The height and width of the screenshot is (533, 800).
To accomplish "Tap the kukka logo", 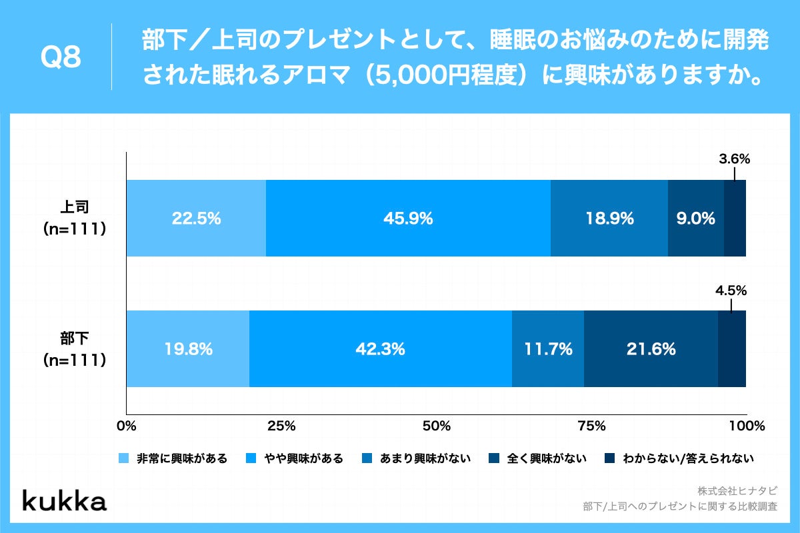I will (65, 501).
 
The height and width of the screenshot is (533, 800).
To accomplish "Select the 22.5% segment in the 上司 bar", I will (196, 218).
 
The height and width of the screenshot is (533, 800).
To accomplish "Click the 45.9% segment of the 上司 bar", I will (408, 218).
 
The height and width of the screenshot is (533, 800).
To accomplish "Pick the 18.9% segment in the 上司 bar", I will (609, 218).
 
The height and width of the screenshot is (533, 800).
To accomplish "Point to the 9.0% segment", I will (696, 218).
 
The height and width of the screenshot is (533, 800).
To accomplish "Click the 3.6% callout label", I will (735, 159).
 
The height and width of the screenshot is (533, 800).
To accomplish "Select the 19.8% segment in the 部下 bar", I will (188, 348).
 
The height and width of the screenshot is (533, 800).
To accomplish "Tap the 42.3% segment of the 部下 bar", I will (381, 348).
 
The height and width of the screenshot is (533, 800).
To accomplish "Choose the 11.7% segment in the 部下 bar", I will (548, 348).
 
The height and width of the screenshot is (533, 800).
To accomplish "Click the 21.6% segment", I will (651, 348).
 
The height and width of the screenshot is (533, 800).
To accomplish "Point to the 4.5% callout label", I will (731, 290).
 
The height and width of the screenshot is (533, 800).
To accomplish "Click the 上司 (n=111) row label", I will (74, 218).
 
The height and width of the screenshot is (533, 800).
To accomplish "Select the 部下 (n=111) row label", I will (74, 348).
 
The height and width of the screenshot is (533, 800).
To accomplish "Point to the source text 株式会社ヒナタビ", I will (737, 490).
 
